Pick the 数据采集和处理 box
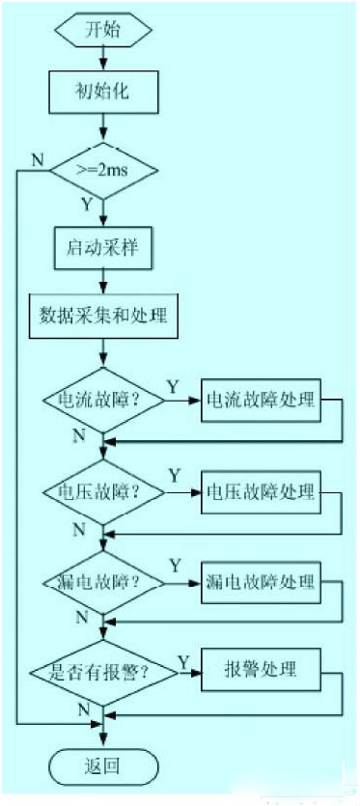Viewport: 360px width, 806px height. tap(104, 316)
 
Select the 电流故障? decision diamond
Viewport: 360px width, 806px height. tap(102, 400)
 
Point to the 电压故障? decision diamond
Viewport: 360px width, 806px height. tap(102, 491)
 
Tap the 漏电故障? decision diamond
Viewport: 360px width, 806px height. tap(102, 583)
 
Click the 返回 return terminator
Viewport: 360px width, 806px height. tap(102, 766)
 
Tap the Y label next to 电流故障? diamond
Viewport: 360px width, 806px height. tap(173, 386)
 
